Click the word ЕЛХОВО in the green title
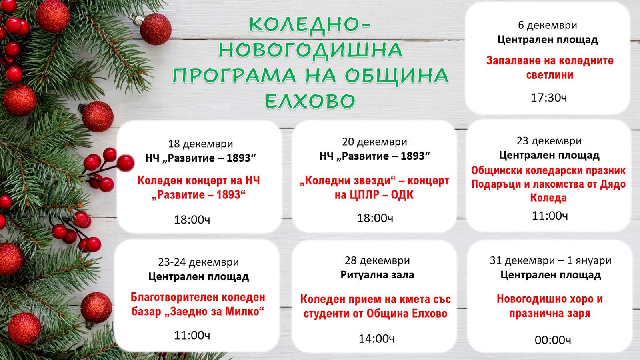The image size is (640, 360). pos(310,101)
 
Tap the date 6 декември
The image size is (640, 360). pos(548,25)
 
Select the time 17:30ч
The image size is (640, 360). pos(549,98)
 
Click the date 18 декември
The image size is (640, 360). pos(200,144)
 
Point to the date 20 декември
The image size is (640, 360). pos(374,142)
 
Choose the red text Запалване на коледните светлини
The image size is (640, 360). pos(550,68)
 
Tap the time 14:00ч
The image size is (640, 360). pos(376,339)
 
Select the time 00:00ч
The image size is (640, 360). pos(553,340)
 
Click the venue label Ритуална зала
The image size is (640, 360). pos(377,275)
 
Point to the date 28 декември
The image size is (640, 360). pos(377,260)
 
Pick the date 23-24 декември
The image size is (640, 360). pos(198,262)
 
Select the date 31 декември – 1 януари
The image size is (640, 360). pos(550,260)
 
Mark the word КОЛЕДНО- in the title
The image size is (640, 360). pos(310,25)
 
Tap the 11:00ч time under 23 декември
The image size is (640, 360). pos(550,216)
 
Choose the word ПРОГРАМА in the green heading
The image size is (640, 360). pos(234,76)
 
